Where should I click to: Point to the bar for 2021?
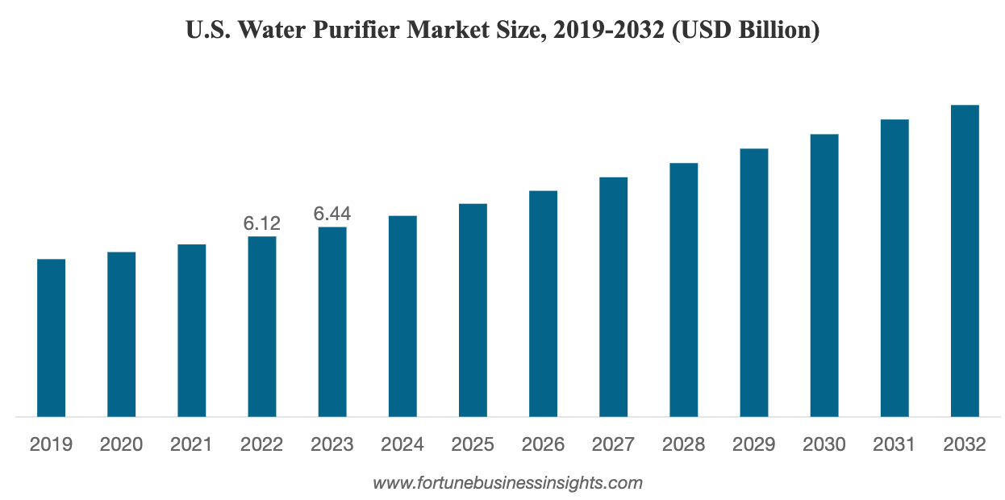pos(192,330)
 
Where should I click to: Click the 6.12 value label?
pos(262,223)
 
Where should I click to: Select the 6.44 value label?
pos(332,214)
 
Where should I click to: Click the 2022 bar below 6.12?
pos(262,326)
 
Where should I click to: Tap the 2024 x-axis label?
pos(402,444)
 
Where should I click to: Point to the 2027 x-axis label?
pos(613,444)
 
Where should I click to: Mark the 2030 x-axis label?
pos(824,444)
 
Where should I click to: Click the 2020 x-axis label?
pos(122,444)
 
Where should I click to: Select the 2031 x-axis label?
pos(894,444)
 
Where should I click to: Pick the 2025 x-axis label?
pos(473,444)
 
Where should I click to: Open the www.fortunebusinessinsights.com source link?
pos(507,484)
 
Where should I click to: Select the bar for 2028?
pos(683,290)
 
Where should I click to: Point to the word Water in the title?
pos(268,31)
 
